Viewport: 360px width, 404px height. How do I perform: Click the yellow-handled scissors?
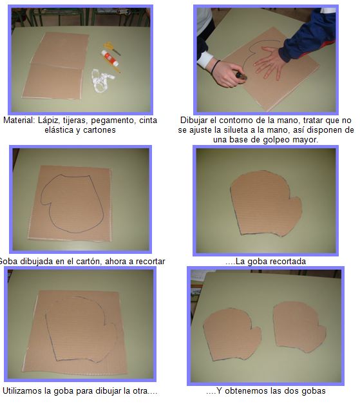[111, 48]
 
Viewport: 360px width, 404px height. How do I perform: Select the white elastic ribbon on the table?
[102, 81]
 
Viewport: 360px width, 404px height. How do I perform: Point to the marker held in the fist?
[242, 76]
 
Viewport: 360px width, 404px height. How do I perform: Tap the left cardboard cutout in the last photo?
[232, 334]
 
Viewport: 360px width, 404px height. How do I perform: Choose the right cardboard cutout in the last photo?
[299, 327]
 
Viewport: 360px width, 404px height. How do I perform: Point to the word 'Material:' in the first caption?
[19, 120]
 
